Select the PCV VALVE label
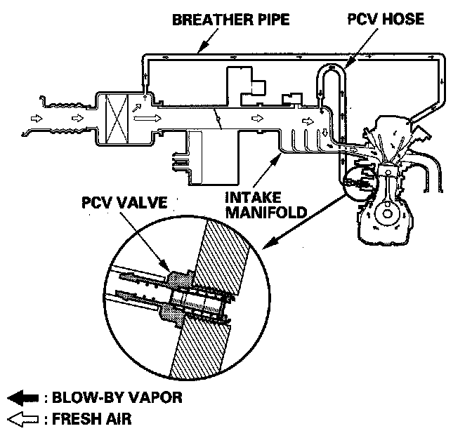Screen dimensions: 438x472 click(124, 204)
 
